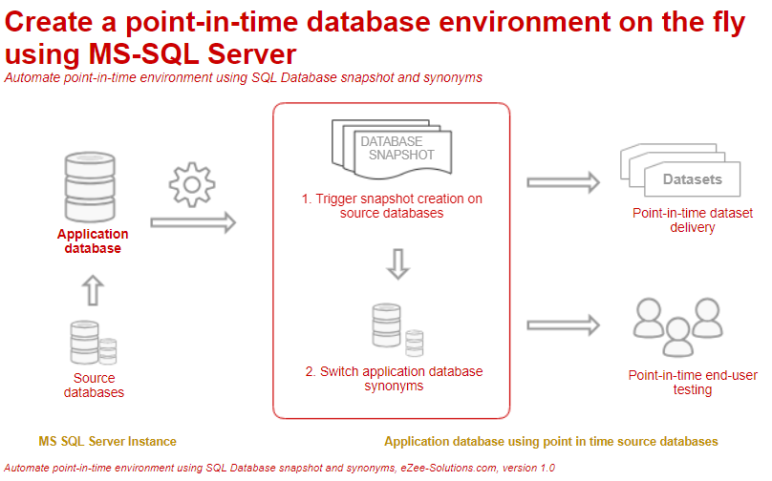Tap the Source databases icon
93,344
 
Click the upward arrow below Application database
93,289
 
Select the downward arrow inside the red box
398,262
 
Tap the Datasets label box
692,179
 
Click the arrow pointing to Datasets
563,181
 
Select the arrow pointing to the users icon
563,324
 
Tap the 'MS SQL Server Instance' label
107,442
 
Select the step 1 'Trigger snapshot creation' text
392,206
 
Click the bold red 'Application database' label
93,241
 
